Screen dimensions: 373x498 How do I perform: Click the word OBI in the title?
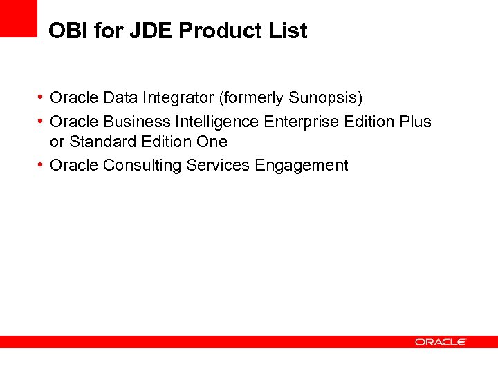point(66,31)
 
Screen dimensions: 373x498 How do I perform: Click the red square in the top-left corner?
point(18,18)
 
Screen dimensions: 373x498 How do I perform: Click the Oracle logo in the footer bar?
point(441,342)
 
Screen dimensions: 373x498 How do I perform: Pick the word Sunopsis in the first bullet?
point(326,97)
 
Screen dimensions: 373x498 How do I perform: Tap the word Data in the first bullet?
point(120,97)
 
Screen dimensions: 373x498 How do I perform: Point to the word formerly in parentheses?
point(252,97)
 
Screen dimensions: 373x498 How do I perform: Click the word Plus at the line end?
point(415,122)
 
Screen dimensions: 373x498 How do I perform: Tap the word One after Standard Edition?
point(212,142)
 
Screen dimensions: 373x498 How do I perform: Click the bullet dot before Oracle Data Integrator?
point(42,97)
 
